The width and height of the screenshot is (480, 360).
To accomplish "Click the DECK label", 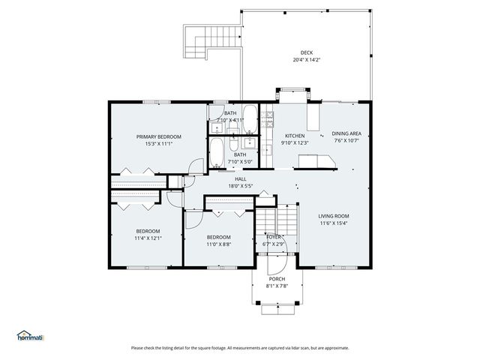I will tap(307, 52).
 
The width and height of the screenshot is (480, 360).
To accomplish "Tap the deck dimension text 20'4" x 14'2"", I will tap(307, 60).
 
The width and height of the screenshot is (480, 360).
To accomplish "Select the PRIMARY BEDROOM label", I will tap(158, 136).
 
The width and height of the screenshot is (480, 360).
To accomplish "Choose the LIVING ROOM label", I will tap(334, 214).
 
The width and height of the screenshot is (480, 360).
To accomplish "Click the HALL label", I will tap(240, 178).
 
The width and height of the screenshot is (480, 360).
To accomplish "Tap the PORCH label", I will tap(277, 279).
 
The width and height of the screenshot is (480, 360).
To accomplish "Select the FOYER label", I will tap(274, 237).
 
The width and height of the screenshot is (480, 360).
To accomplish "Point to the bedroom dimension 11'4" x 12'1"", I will tap(148, 238).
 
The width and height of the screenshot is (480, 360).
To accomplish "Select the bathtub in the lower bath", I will tap(217, 151).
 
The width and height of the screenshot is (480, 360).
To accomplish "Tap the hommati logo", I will tap(31, 335).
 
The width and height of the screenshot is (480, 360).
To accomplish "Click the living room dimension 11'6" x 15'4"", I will tap(334, 223).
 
